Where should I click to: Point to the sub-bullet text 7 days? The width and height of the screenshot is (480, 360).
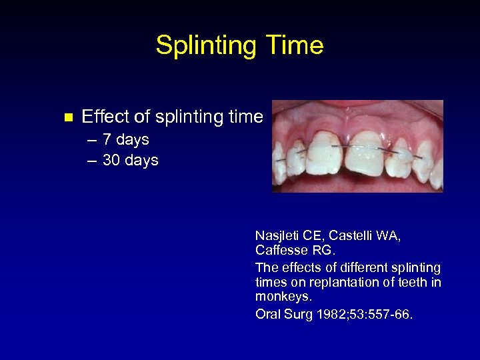[126, 140]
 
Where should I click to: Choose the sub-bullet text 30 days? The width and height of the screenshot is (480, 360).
[131, 160]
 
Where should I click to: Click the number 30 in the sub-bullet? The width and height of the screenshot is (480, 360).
[112, 160]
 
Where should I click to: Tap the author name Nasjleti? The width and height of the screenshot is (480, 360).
[278, 235]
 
